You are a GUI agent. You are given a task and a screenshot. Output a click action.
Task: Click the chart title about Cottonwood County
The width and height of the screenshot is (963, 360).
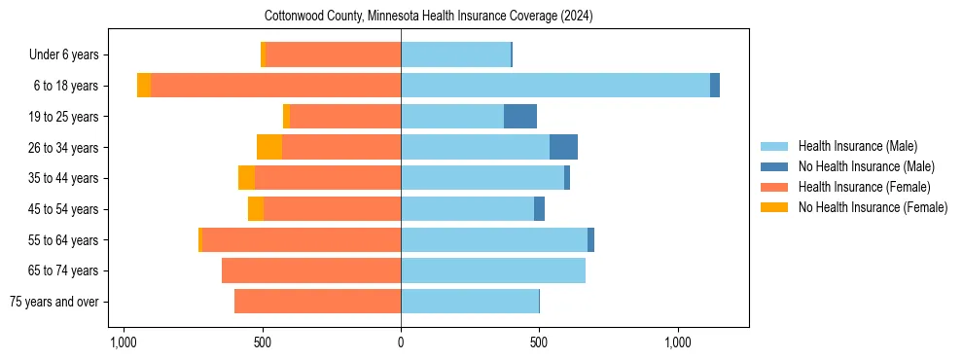[x=429, y=17]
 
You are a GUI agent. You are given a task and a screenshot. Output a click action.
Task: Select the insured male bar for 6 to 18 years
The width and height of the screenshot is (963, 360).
[x=554, y=86]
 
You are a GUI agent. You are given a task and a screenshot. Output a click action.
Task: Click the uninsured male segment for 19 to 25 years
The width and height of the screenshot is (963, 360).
[x=520, y=117]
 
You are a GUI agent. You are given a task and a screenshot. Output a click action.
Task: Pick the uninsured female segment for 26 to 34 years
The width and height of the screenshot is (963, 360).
[x=269, y=147]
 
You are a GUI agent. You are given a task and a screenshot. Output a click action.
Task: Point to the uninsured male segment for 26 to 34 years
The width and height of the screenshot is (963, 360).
[x=563, y=147]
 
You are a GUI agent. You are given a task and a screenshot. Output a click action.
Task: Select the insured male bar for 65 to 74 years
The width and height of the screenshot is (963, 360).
[x=493, y=270]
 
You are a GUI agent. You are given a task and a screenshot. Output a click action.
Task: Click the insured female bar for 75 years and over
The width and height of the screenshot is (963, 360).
[x=317, y=302]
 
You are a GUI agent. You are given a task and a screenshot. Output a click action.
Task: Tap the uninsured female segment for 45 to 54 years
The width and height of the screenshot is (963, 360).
[x=256, y=209]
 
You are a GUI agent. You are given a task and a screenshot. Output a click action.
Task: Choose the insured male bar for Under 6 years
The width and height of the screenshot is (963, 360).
[x=455, y=54]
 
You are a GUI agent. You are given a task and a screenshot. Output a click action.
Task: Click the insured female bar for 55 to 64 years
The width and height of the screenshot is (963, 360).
[x=301, y=239]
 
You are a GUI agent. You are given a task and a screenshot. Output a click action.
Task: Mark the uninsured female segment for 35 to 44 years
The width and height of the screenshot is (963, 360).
[x=246, y=178]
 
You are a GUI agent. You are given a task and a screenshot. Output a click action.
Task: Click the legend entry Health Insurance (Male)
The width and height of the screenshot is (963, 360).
[x=857, y=146]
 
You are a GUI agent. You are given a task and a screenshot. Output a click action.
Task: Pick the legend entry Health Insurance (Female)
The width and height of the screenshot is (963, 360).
[x=864, y=187]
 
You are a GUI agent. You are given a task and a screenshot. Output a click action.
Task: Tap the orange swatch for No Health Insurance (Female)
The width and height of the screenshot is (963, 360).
[x=774, y=207]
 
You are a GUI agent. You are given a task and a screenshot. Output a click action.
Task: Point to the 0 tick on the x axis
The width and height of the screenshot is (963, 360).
[x=401, y=342]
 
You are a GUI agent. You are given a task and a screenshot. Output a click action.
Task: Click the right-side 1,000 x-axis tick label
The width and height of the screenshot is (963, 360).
[x=678, y=342]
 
